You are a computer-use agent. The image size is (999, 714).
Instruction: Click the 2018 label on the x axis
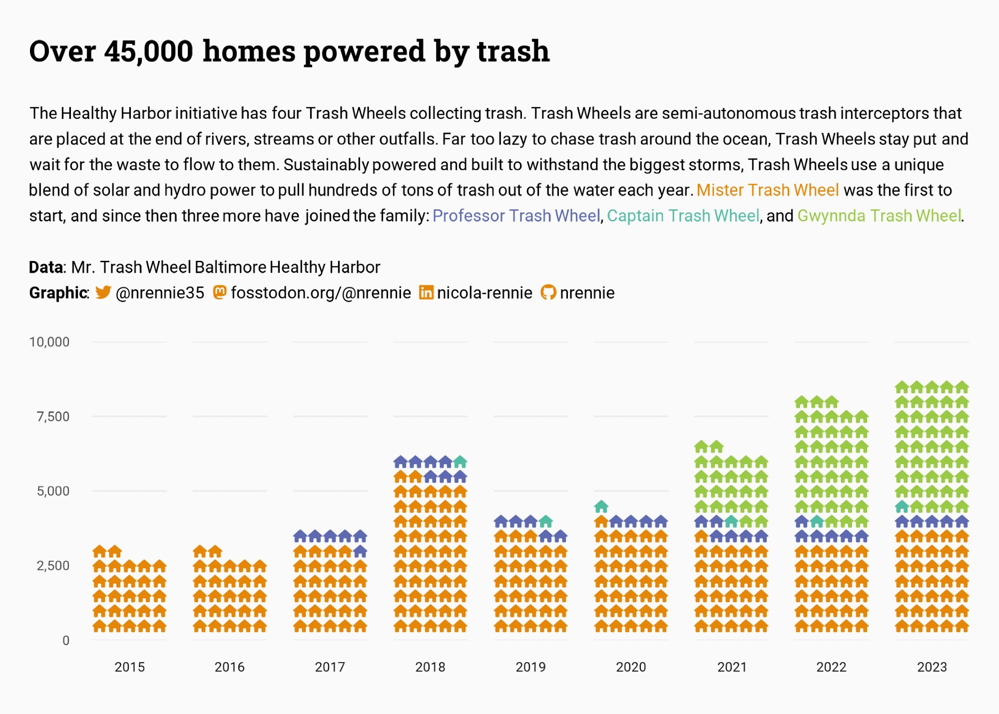coord(430,667)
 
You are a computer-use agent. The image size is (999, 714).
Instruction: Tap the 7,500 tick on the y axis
coord(53,417)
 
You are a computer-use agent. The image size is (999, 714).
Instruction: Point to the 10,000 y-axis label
coord(49,342)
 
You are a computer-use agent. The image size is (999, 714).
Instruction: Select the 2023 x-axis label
coord(932,667)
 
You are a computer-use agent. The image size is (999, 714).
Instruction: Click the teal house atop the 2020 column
coord(601,507)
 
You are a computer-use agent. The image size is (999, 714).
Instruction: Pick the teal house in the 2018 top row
coord(460,462)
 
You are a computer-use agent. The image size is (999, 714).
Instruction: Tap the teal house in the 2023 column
coord(902,507)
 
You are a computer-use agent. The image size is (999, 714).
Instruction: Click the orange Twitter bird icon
coord(103,292)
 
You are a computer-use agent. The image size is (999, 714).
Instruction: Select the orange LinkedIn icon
coord(426,292)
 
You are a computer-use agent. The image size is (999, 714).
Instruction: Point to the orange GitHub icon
coord(548,292)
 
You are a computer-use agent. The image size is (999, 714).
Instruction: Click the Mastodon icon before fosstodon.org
coord(220,292)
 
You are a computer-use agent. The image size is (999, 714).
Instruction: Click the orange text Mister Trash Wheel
coord(767,190)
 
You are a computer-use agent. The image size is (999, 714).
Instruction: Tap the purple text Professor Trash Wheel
coord(516,216)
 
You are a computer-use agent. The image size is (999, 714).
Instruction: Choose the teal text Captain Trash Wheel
coord(683,216)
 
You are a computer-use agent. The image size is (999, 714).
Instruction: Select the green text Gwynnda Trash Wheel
coord(879,216)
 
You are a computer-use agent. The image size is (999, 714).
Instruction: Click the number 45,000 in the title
coord(148,51)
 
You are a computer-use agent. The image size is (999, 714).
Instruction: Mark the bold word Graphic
coord(58,293)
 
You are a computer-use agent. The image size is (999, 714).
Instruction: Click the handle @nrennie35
coord(160,293)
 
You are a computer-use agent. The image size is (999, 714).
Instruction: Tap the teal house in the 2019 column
coord(546,522)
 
